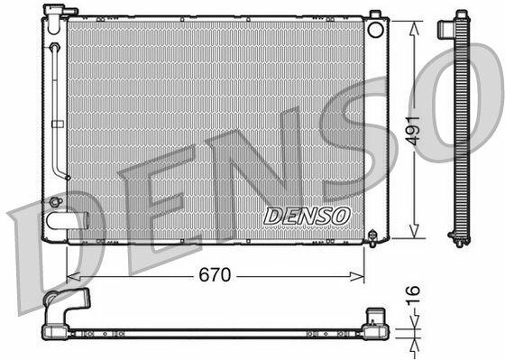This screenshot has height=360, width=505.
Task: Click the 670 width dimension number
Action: (x=215, y=275)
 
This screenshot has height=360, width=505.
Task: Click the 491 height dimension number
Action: (x=413, y=131)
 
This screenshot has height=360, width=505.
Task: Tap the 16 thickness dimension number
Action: (x=413, y=295)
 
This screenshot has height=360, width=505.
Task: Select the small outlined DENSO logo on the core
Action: (x=307, y=216)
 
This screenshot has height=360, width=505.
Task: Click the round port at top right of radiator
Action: (x=375, y=30)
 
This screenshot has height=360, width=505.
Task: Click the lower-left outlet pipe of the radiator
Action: (x=67, y=220)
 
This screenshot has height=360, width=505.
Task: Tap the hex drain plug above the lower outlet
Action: (x=55, y=202)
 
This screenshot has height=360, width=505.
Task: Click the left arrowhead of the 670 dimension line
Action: (x=73, y=276)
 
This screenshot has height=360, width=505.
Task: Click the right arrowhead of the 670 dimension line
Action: (x=357, y=276)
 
